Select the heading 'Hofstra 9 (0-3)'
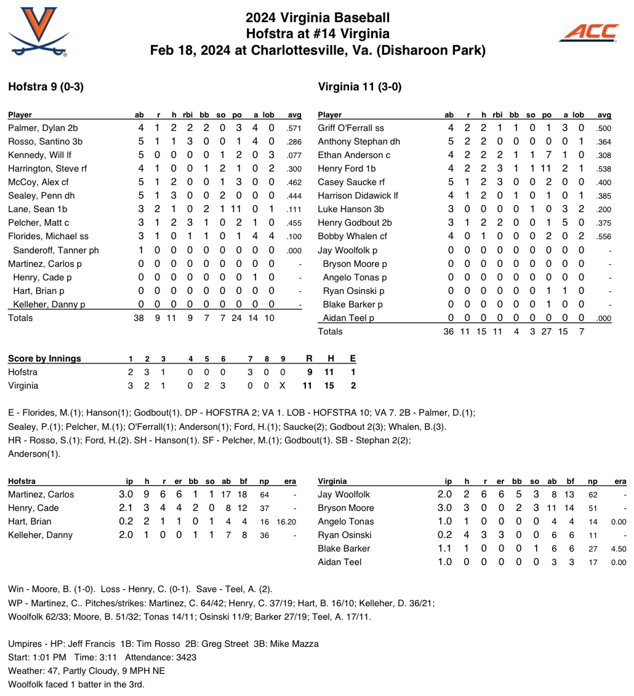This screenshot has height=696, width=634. pos(46,87)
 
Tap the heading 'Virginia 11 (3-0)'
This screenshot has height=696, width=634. pos(359,87)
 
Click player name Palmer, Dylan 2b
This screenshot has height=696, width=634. pos(42,128)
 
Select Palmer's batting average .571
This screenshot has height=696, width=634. pos(294,129)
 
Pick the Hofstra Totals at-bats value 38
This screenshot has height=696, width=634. pos(139,318)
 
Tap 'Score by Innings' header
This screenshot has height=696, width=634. pos(44,358)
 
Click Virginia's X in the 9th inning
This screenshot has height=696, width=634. pos(283,386)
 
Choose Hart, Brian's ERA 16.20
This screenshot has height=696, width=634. pos(287,522)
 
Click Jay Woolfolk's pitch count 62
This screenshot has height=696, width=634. pos(593,495)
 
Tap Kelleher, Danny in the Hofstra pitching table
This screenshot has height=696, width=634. pos(40,535)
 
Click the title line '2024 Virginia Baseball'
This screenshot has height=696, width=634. pos(318,18)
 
